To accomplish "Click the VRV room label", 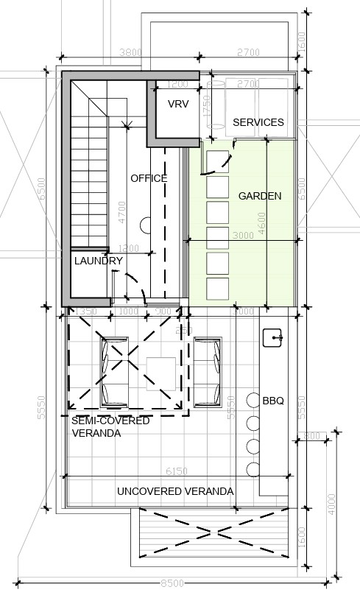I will (x=178, y=105).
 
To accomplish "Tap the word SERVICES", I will (x=258, y=122).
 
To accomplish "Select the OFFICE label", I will (x=149, y=178).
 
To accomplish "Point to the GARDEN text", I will (x=259, y=196).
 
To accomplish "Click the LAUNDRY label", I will (x=98, y=261).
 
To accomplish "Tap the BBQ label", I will (x=273, y=401).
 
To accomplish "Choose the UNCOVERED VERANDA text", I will (x=175, y=491).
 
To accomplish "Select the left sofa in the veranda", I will (x=114, y=372).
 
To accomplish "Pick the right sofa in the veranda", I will (x=208, y=372).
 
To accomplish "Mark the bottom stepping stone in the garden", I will (x=217, y=287).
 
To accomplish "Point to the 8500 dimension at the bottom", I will (x=173, y=583).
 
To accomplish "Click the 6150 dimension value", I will (x=176, y=471).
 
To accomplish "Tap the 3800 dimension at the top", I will (x=131, y=52).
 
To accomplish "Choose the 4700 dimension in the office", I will (x=121, y=212).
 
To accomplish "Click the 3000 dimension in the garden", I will (x=242, y=236).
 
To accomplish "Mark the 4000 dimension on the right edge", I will (x=332, y=504).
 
